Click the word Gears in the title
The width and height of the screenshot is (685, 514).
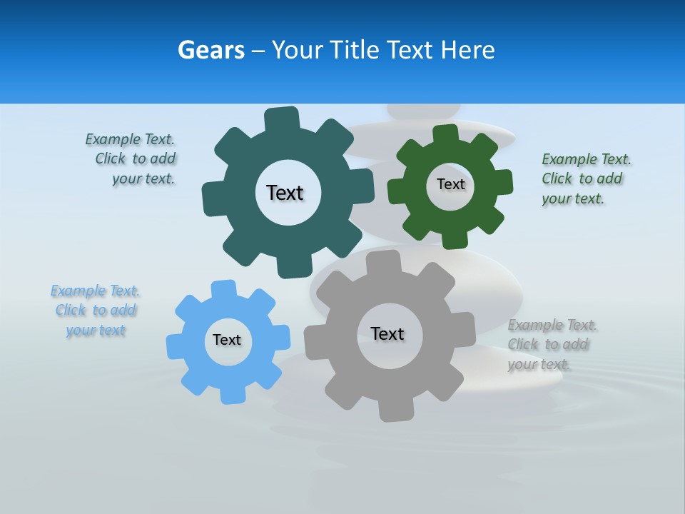[x=210, y=50]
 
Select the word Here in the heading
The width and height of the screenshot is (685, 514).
[x=467, y=50]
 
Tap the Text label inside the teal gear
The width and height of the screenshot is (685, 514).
[x=285, y=193]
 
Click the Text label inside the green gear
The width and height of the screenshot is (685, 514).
[x=450, y=184]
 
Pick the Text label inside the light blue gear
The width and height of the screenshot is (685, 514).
[x=227, y=340]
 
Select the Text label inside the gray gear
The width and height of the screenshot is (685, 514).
[x=387, y=333]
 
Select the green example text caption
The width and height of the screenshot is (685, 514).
[x=585, y=178]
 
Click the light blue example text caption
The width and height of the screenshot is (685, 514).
[x=96, y=311]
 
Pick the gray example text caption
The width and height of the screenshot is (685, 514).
[x=552, y=345]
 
